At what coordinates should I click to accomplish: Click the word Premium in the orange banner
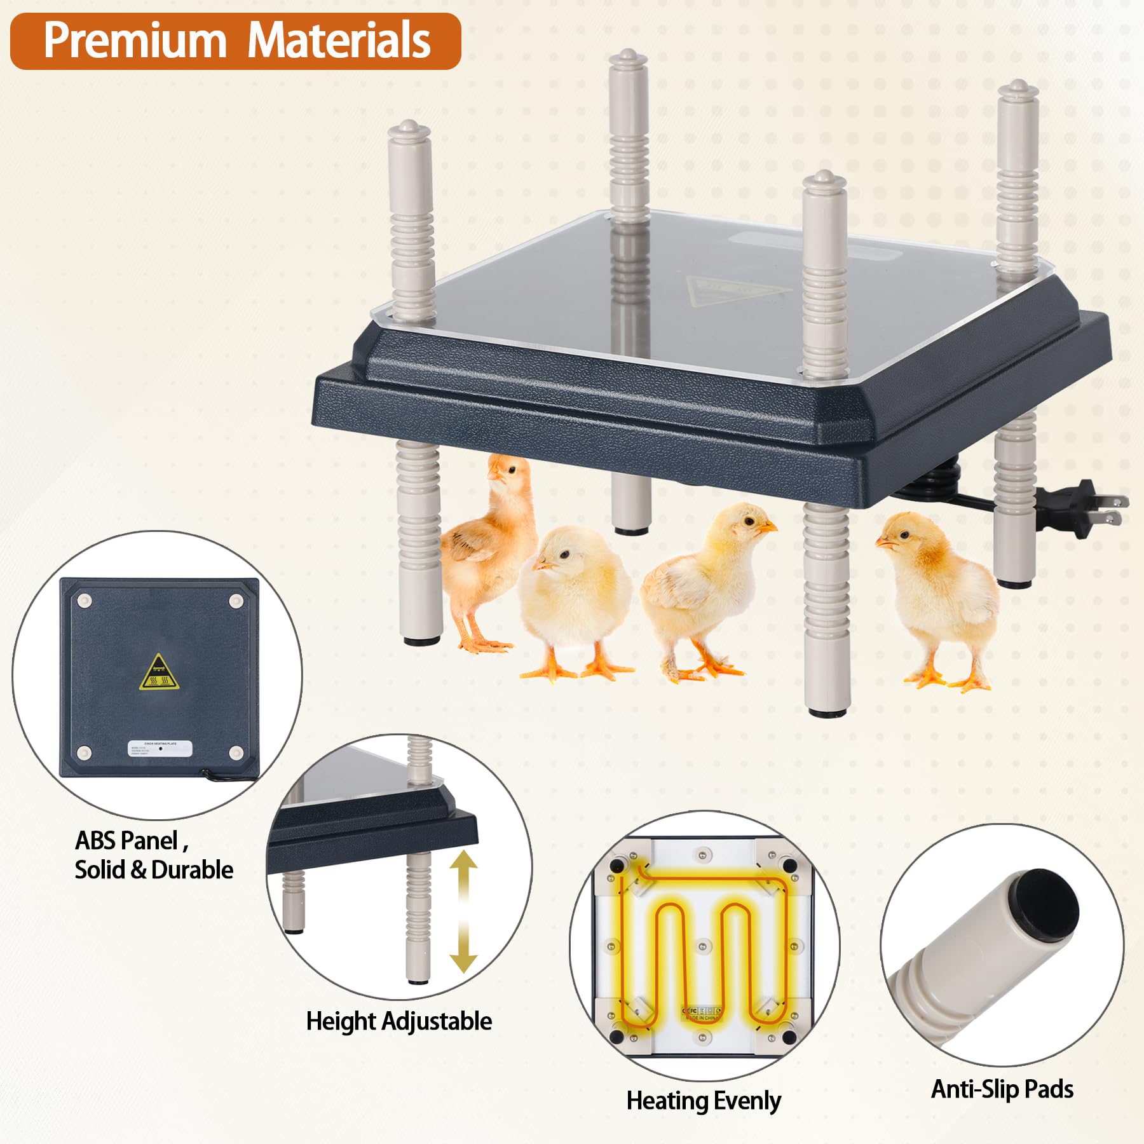pyautogui.click(x=135, y=41)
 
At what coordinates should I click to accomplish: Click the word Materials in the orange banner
pyautogui.click(x=338, y=41)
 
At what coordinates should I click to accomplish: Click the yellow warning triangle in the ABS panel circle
pyautogui.click(x=159, y=672)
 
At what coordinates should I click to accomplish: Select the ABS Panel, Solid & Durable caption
pyautogui.click(x=154, y=855)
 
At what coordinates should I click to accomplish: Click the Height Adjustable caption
pyautogui.click(x=398, y=1021)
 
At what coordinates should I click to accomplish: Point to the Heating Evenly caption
pyautogui.click(x=704, y=1101)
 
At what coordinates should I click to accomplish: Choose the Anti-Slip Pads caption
pyautogui.click(x=1002, y=1089)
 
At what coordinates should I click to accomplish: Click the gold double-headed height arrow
pyautogui.click(x=464, y=912)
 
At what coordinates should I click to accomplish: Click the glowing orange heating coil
pyautogui.click(x=702, y=947)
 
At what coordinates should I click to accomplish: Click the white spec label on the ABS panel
pyautogui.click(x=160, y=748)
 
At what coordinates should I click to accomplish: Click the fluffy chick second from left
pyautogui.click(x=575, y=597)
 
